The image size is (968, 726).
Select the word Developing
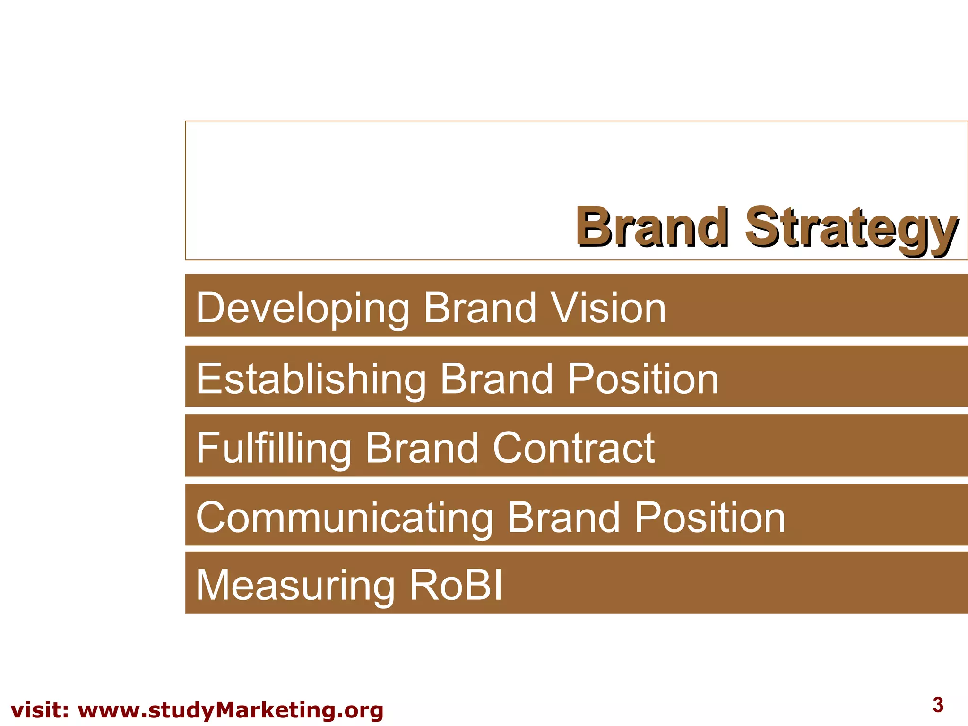pos(302,308)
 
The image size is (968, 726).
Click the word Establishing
pos(311,379)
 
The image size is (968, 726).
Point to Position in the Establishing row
pos(643,379)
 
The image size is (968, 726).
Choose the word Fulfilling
pos(273,448)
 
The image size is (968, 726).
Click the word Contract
pos(573,448)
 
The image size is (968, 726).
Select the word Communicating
pos(344,518)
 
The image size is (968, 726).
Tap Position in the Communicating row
pos(709,518)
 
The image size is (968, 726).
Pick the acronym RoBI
pos(456,585)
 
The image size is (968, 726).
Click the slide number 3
pos(938,705)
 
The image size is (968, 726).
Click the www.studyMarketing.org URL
pos(230,710)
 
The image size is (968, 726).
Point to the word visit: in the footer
pos(40,710)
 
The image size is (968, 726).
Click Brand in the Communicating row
pos(563,518)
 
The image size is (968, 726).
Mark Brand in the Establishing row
pos(496,379)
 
